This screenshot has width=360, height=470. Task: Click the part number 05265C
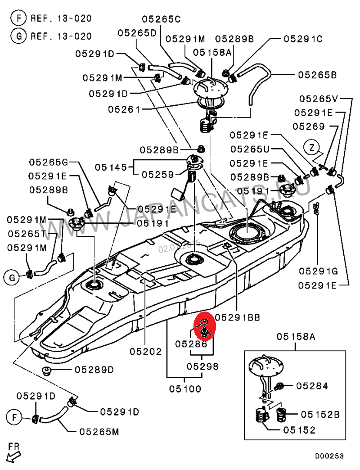click(x=161, y=19)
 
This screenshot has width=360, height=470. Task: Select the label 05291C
click(x=303, y=39)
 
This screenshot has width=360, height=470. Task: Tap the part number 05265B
click(x=317, y=75)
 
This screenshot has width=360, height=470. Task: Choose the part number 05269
click(x=309, y=127)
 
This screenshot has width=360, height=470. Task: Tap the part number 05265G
click(x=48, y=162)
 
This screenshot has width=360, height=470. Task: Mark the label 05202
click(x=146, y=351)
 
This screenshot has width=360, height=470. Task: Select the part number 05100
click(x=185, y=388)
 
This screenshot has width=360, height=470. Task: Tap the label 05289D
click(x=94, y=370)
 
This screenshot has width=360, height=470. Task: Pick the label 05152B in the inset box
click(x=320, y=414)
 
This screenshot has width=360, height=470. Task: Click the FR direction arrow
click(x=14, y=452)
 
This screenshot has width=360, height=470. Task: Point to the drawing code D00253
click(x=329, y=456)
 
